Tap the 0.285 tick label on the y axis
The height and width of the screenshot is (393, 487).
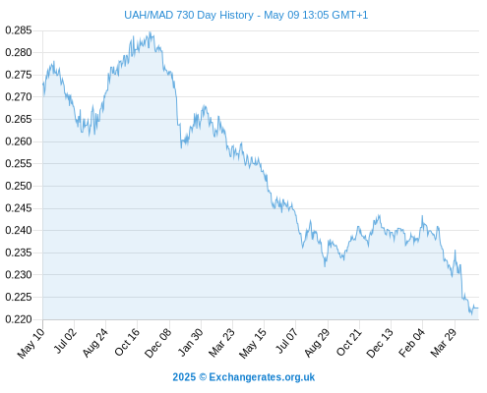point(19,30)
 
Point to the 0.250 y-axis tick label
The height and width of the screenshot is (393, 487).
point(19,186)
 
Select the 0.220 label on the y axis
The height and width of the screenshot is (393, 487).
point(19,319)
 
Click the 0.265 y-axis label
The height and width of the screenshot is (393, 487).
point(19,119)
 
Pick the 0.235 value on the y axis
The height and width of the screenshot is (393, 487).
point(19,253)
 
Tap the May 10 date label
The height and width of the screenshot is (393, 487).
point(31,343)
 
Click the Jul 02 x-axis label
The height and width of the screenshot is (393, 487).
point(66,341)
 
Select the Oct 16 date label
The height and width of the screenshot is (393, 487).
point(127,342)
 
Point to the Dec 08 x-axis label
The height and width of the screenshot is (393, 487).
point(157,343)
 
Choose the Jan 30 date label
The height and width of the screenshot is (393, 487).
point(190,342)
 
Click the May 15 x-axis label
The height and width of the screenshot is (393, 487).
point(252,343)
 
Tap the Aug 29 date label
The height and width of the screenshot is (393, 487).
point(317,343)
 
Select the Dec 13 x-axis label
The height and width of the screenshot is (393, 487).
point(380,343)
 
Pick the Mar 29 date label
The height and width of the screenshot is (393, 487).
point(444,343)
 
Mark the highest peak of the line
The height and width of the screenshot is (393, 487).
point(150,31)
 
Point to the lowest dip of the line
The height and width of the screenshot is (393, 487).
point(472,314)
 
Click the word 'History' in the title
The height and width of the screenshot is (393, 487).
point(237,15)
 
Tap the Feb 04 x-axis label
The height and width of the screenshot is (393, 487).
point(411,342)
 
